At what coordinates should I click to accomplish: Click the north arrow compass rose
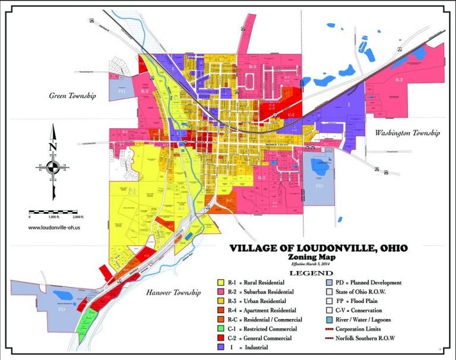coord(53,166)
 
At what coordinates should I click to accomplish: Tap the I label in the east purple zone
coord(349,103)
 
